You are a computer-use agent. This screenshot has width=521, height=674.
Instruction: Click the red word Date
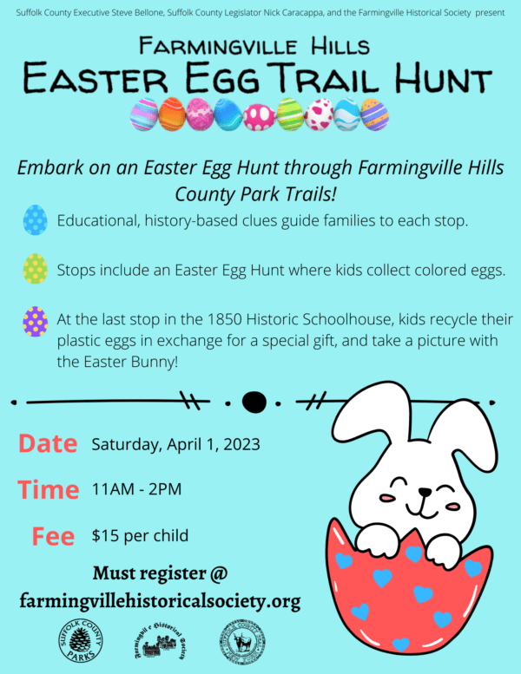[48, 444]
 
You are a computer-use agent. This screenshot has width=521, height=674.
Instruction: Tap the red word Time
[49, 489]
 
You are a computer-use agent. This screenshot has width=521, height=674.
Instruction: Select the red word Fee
[53, 536]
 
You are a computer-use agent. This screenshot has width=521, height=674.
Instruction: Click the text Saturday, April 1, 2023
[175, 445]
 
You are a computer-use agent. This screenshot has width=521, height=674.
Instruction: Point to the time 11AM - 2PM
[136, 489]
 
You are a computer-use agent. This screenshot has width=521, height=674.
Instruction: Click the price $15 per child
[140, 535]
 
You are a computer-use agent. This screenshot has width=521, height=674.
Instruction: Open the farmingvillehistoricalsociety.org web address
[160, 600]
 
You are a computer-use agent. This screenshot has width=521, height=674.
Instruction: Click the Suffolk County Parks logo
[80, 642]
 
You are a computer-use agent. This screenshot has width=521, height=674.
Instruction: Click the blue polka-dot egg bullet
[36, 220]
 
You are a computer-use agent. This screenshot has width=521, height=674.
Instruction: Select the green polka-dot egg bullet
[36, 270]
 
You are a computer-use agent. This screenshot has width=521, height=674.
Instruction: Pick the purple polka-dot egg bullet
[36, 321]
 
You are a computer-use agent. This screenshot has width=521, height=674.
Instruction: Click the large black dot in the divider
[254, 402]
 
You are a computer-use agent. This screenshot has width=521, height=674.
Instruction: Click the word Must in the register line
[121, 573]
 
